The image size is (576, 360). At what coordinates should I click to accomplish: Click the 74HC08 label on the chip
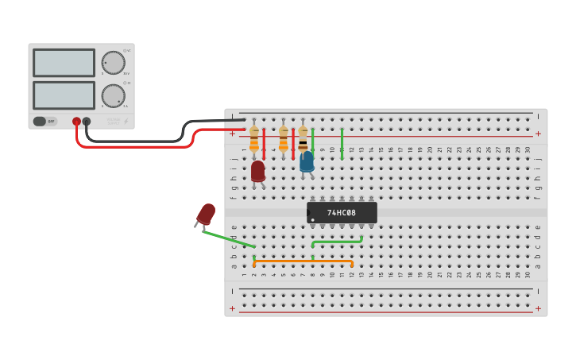[x=342, y=213]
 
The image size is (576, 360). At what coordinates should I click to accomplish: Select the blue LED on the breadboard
[x=307, y=161]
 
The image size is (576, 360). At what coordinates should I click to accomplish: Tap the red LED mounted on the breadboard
[x=257, y=171]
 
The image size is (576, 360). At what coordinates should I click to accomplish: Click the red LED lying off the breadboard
[x=206, y=214]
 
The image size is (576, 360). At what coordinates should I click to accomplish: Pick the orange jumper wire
[x=303, y=261]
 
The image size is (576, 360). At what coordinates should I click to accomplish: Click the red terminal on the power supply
[x=77, y=122]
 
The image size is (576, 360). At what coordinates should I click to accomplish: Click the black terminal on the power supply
[x=87, y=122]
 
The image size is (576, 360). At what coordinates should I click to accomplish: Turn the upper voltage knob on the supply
[x=113, y=63]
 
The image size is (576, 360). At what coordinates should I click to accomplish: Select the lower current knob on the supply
[x=113, y=96]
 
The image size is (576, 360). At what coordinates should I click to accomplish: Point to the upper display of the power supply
[x=64, y=63]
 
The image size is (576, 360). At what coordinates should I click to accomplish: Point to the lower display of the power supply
[x=64, y=95]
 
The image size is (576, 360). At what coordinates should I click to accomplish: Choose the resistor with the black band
[x=303, y=141]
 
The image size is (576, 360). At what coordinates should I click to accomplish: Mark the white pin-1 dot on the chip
[x=313, y=220]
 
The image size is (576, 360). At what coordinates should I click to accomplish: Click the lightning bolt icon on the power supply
[x=126, y=122]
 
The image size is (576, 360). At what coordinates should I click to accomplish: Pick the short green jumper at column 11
[x=342, y=144]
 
